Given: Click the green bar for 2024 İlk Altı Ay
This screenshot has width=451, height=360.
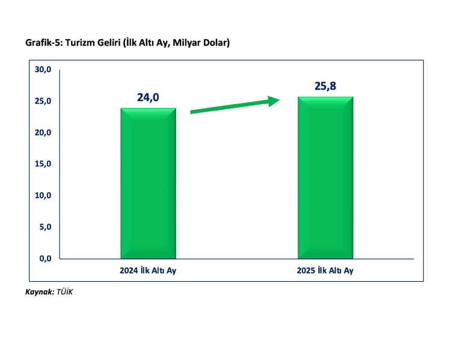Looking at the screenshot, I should (148, 183).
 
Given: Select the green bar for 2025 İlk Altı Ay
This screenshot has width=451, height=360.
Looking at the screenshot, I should (325, 178).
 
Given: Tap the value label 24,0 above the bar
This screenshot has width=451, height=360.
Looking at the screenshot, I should (148, 97).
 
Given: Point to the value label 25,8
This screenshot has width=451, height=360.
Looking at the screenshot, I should (325, 86).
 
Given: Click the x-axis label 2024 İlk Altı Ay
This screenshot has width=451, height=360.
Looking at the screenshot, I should (148, 270).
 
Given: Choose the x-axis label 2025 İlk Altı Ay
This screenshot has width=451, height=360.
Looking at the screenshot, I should (325, 270).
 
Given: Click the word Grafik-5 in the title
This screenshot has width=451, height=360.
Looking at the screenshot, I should (43, 43).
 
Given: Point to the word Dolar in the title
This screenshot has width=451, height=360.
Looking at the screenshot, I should (213, 43).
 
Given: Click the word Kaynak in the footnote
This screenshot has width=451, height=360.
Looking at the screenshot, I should (39, 291).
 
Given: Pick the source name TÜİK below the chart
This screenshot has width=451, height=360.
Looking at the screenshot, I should (64, 291).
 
